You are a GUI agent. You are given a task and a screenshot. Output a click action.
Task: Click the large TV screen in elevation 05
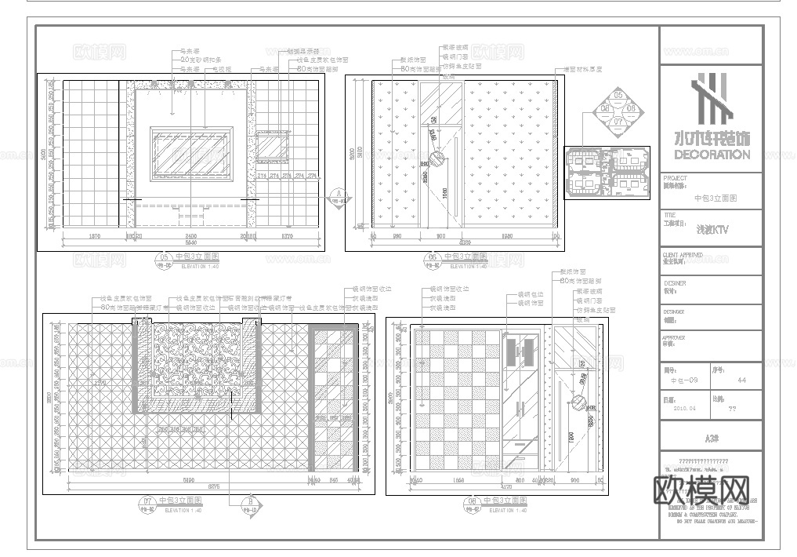[190, 152]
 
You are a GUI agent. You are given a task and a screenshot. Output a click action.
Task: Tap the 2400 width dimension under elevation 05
[190, 235]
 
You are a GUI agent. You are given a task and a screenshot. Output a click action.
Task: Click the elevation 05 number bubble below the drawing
[165, 257]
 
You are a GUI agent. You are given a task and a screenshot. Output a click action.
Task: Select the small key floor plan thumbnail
[606, 170]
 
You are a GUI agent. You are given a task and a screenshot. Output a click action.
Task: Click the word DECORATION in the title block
[712, 155]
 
